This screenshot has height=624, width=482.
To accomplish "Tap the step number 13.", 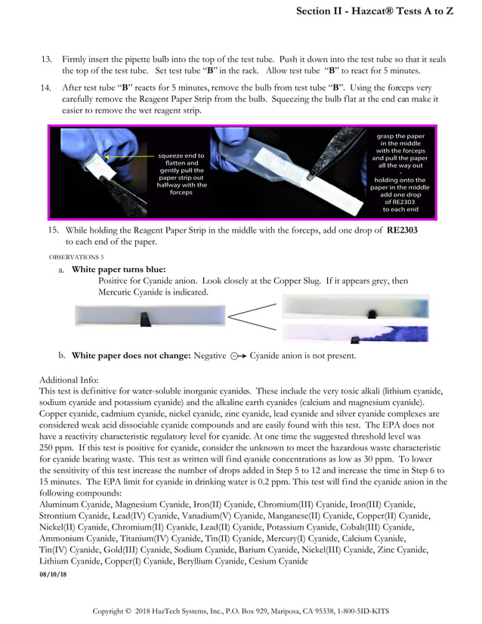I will [x=45, y=59].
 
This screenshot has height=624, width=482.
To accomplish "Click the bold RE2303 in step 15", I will [x=402, y=230].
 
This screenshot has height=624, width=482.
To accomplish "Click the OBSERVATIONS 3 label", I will [x=76, y=258].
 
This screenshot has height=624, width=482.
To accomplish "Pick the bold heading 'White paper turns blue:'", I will [x=119, y=269].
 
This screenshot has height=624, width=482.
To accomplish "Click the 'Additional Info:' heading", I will [x=68, y=379].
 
